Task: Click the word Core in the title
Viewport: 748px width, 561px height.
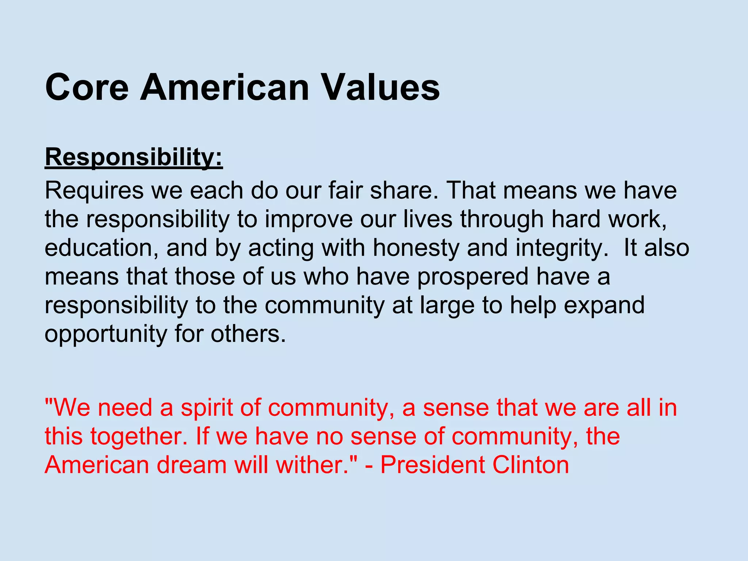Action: pyautogui.click(x=87, y=88)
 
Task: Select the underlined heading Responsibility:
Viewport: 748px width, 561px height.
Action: pyautogui.click(x=134, y=157)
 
